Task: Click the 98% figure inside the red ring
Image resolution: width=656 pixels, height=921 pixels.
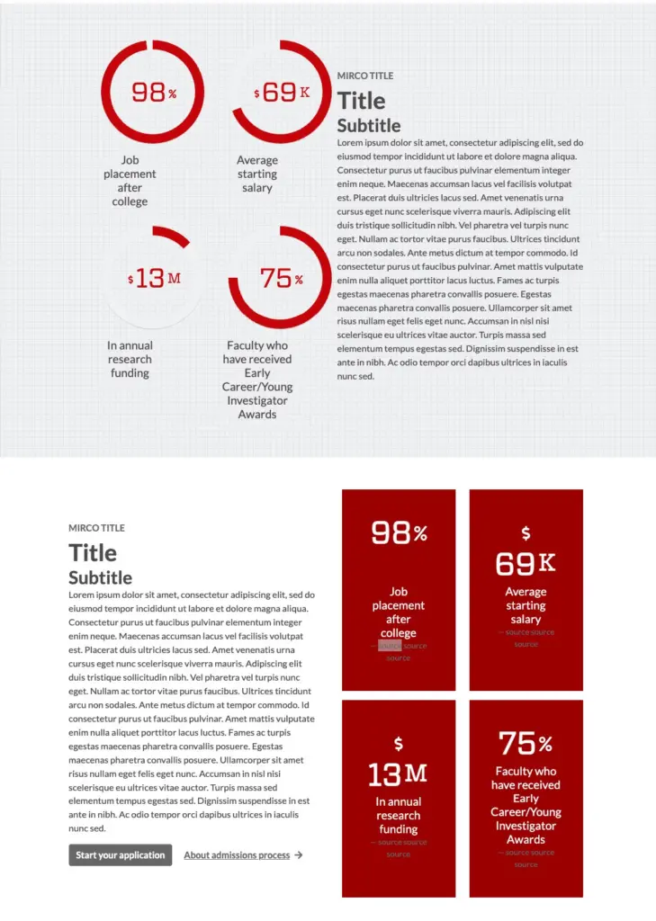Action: (153, 92)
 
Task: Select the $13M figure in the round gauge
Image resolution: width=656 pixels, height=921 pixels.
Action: (154, 278)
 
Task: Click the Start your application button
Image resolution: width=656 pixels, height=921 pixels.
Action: (120, 855)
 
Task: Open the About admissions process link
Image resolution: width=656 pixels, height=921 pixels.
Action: (237, 855)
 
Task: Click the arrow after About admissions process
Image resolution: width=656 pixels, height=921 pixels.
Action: (299, 855)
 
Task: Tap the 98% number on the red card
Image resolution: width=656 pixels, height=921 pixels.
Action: (399, 533)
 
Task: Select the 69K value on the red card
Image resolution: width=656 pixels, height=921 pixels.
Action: (526, 564)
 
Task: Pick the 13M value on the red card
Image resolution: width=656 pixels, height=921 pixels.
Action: (398, 773)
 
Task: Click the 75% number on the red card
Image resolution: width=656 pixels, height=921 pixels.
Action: (526, 744)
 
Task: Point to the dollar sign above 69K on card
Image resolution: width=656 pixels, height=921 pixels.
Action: (526, 533)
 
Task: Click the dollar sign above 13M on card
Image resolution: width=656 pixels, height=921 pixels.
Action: (399, 744)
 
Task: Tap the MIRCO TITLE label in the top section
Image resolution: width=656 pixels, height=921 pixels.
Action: (365, 76)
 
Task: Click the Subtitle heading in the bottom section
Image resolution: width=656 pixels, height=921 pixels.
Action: (100, 577)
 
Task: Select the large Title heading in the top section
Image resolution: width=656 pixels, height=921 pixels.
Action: (361, 101)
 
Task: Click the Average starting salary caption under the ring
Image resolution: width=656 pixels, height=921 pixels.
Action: (257, 174)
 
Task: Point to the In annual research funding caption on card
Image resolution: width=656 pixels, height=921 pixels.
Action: (399, 815)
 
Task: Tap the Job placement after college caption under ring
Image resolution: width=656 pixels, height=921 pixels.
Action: (130, 181)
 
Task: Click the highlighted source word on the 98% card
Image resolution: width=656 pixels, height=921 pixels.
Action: (390, 646)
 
